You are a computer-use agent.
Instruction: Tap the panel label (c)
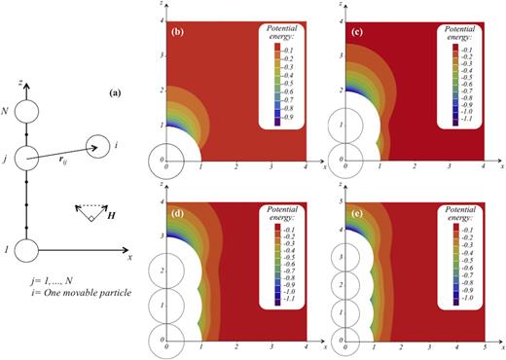358,33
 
